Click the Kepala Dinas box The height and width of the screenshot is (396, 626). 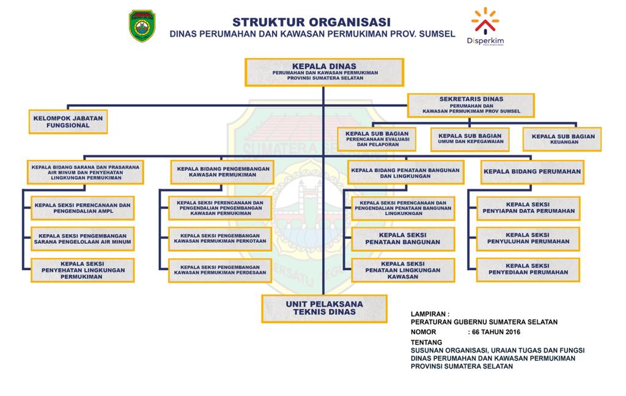324,71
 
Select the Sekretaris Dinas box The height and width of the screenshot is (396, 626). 471,105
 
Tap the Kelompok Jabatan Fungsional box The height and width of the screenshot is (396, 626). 68,121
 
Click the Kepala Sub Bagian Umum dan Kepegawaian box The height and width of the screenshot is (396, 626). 470,139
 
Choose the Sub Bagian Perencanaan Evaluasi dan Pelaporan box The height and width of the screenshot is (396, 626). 377,139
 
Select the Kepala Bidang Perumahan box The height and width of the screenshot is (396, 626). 532,172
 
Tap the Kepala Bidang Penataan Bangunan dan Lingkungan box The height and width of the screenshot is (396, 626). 404,172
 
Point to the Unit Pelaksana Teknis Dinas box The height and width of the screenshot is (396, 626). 324,308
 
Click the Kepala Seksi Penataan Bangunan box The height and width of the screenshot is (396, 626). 403,239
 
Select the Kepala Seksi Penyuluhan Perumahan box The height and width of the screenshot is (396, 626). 528,238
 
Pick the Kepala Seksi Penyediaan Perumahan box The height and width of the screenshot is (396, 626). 528,269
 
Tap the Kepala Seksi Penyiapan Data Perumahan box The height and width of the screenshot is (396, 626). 528,208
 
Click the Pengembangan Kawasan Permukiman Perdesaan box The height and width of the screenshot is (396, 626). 220,269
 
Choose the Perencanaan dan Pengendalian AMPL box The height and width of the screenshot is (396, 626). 83,208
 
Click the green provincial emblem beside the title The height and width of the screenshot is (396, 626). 142,26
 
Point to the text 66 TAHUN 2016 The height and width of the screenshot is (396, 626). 496,332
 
